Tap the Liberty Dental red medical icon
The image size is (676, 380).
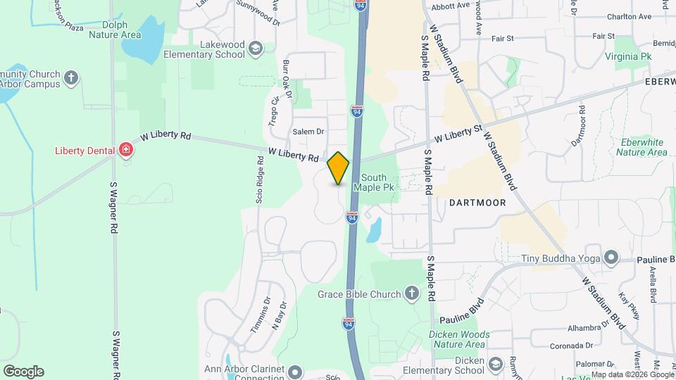click(x=126, y=149)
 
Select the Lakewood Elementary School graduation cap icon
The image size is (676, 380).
click(x=256, y=48)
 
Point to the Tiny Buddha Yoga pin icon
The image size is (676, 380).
click(x=611, y=258)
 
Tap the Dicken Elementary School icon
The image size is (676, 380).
click(x=495, y=363)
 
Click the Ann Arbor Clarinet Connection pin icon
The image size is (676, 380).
click(x=294, y=371)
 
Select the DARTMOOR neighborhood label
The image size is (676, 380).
click(x=472, y=202)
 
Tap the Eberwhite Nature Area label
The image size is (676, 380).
click(x=640, y=147)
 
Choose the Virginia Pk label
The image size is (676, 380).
click(x=632, y=56)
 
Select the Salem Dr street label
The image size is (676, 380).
click(x=308, y=132)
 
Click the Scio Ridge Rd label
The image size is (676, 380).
click(x=260, y=185)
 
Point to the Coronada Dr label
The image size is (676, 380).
click(x=570, y=346)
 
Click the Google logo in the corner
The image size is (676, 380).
click(x=23, y=372)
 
